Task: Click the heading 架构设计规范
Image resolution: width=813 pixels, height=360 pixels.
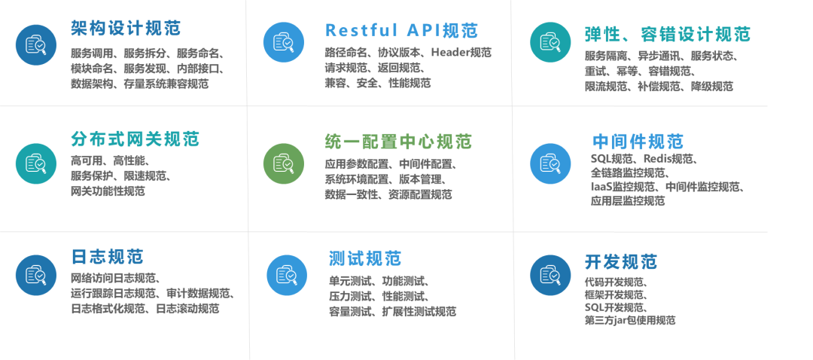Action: (126, 29)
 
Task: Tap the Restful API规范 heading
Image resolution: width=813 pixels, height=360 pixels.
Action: (401, 30)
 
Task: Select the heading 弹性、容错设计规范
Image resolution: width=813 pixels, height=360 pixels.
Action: (667, 34)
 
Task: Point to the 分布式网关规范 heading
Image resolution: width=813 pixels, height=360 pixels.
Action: (135, 139)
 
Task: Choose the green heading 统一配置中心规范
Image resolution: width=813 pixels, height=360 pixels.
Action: (398, 141)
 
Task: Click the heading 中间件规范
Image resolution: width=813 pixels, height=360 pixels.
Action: (638, 142)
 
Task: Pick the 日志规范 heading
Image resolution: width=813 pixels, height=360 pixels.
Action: (107, 257)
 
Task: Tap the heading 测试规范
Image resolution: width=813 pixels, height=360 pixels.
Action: (365, 258)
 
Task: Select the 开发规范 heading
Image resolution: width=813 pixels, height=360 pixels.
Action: (620, 261)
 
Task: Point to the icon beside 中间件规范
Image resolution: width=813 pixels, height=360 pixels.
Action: (550, 163)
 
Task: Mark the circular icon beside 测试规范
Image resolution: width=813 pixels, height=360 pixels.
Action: (287, 275)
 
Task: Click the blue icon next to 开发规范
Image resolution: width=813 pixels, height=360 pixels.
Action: (550, 275)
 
